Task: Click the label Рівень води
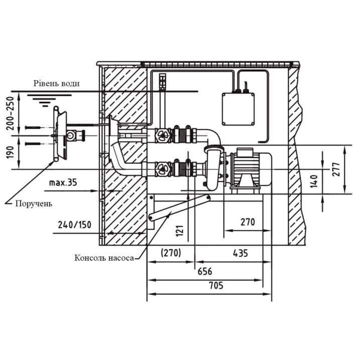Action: click(57, 83)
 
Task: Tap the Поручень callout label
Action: click(34, 204)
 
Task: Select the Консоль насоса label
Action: click(104, 258)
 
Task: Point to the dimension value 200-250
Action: click(11, 113)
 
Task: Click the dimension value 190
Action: click(11, 152)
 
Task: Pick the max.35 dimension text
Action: click(63, 183)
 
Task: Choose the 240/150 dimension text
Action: click(75, 225)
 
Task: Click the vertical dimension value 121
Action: click(180, 231)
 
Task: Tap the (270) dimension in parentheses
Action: click(171, 253)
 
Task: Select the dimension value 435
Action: click(240, 253)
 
